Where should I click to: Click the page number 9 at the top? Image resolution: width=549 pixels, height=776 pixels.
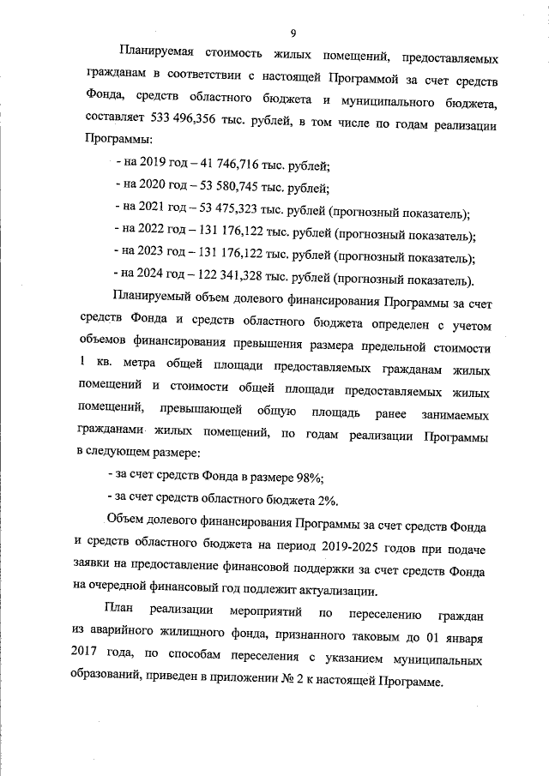pos(293,33)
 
